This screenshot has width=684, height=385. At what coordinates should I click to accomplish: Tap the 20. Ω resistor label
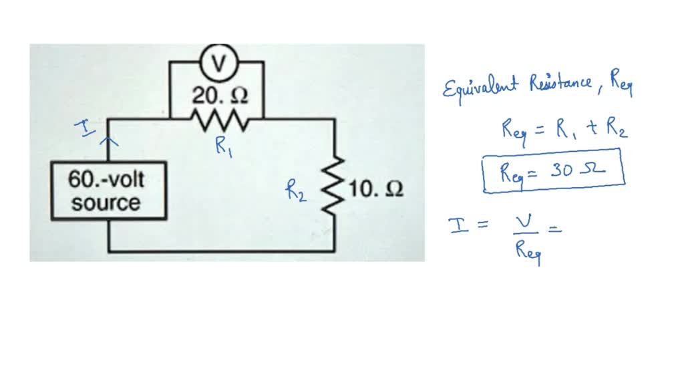click(220, 96)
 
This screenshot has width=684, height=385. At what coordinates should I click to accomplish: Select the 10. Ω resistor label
click(375, 190)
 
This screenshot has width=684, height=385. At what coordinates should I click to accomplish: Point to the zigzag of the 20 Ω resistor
click(220, 120)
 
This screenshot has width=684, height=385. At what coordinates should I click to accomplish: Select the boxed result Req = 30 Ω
click(552, 170)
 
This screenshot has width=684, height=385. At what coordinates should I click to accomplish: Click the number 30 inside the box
click(563, 170)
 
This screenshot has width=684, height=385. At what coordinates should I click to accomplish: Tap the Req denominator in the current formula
click(527, 253)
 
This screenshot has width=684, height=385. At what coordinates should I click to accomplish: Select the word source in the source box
click(106, 203)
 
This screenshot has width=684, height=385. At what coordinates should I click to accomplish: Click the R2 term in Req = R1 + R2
click(615, 128)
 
